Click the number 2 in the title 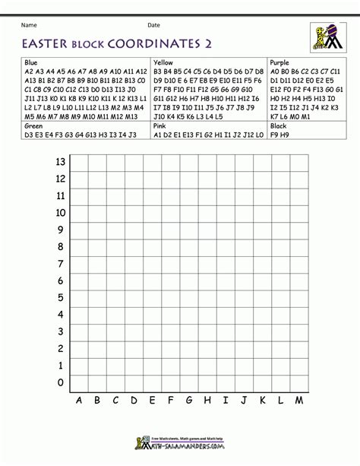coord(207,43)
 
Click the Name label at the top coord(30,24)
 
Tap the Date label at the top coord(154,24)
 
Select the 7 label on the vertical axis coord(62,264)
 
